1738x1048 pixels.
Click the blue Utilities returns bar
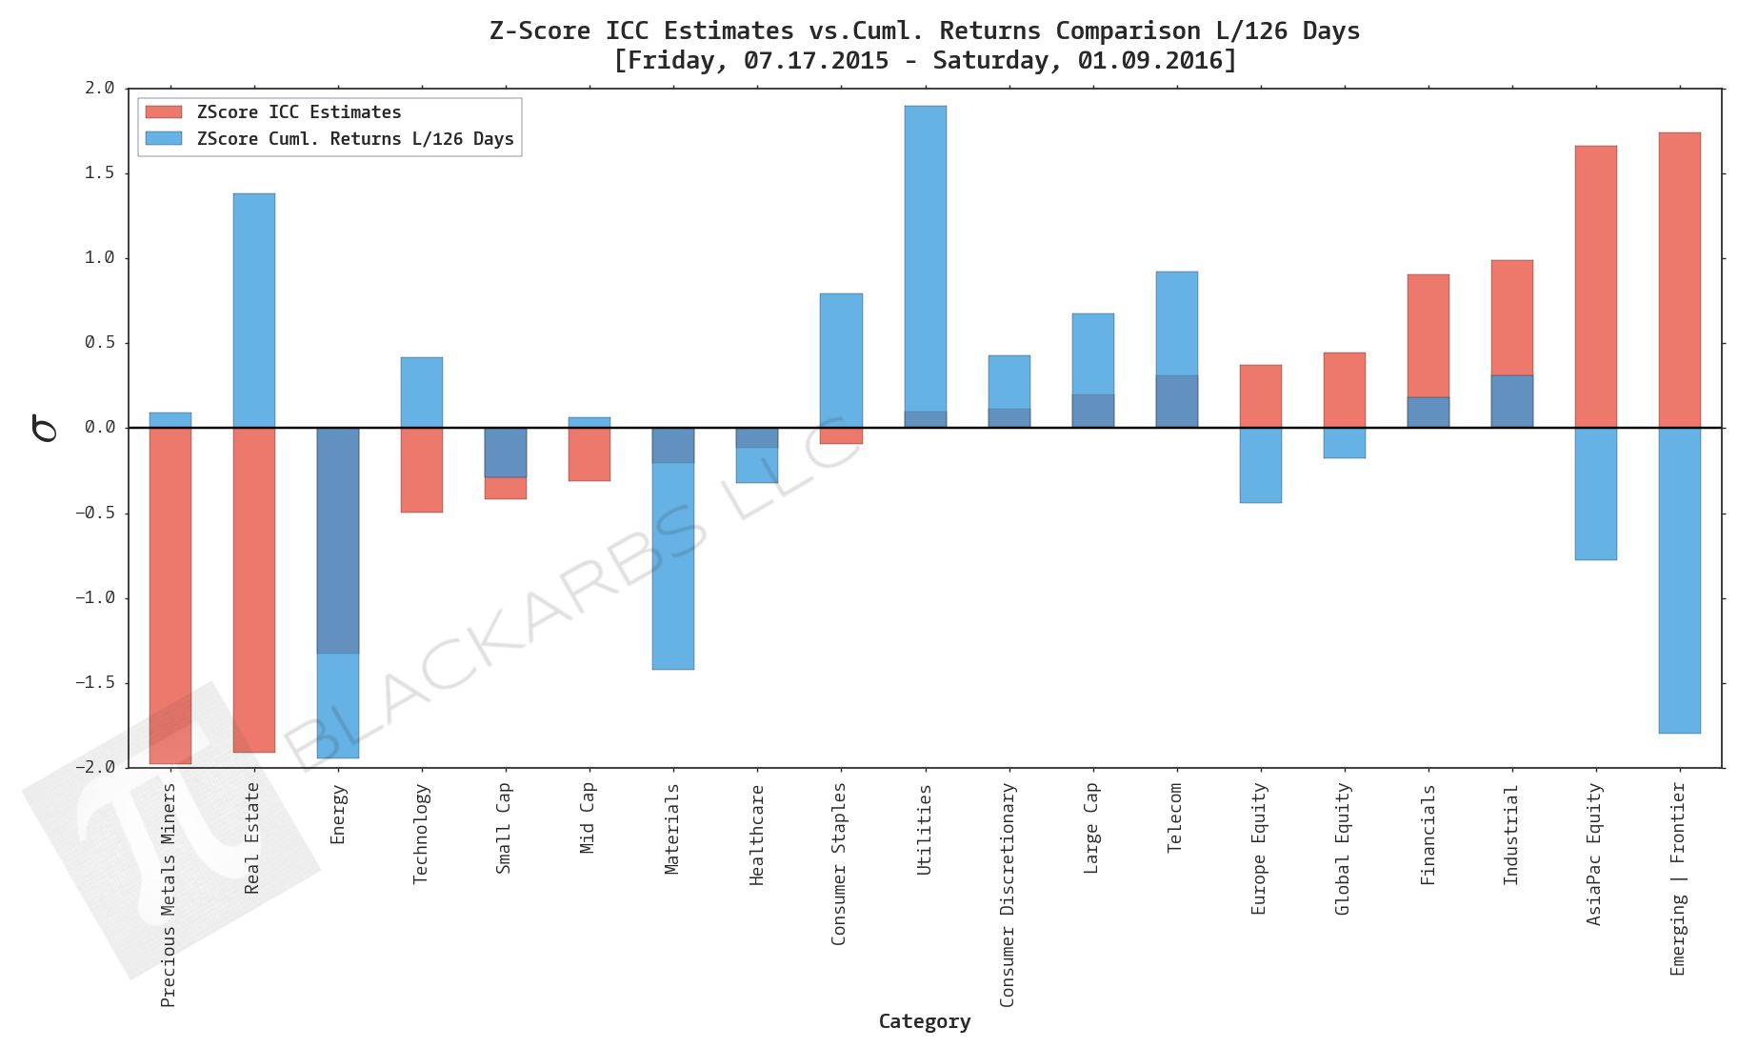925,257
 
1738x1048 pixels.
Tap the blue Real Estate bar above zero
254,310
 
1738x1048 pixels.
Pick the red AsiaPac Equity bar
1595,286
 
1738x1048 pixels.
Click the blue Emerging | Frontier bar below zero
1679,581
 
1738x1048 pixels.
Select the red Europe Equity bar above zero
1260,395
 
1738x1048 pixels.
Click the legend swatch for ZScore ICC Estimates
164,112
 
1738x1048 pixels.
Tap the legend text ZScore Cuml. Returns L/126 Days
355,139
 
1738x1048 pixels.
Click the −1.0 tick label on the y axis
95,597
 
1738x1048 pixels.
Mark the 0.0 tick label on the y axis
99,427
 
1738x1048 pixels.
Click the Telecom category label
1175,817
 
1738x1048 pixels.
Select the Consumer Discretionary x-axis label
1008,895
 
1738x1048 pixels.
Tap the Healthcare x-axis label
757,835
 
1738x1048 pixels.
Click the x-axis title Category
924,1021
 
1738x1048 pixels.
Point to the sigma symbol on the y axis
44,428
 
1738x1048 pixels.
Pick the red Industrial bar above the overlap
1511,317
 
